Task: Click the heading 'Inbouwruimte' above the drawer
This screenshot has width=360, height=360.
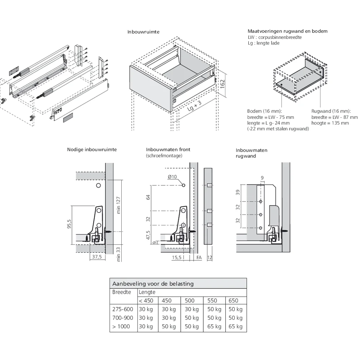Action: pyautogui.click(x=143, y=32)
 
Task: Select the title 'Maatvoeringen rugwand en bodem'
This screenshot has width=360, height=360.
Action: pyautogui.click(x=287, y=31)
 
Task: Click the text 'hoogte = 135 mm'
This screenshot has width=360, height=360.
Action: pyautogui.click(x=330, y=123)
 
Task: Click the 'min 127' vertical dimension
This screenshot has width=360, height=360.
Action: pyautogui.click(x=118, y=205)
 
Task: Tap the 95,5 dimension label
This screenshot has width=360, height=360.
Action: pyautogui.click(x=69, y=224)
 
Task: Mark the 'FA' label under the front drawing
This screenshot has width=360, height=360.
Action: pyautogui.click(x=199, y=257)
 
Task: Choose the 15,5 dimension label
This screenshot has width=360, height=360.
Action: pyautogui.click(x=176, y=257)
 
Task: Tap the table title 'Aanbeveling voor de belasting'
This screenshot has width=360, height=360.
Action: pyautogui.click(x=153, y=284)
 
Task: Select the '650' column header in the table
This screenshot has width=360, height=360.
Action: pyautogui.click(x=233, y=301)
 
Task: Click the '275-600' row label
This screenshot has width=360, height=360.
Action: pyautogui.click(x=123, y=309)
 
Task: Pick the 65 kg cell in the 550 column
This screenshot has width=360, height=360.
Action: pyautogui.click(x=214, y=327)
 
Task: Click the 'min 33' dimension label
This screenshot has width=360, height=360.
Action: pyautogui.click(x=118, y=253)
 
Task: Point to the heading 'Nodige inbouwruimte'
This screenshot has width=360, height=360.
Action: pyautogui.click(x=92, y=149)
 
